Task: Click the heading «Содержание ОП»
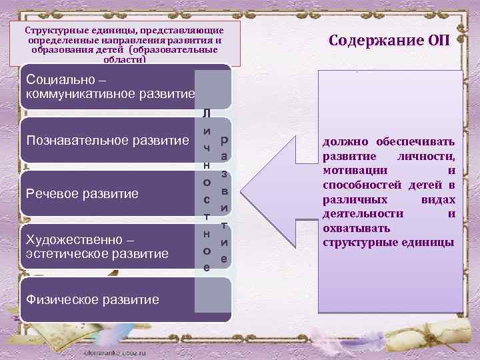390,40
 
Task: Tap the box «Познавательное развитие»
107,141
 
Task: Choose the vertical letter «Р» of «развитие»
224,141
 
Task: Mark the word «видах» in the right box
440,199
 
